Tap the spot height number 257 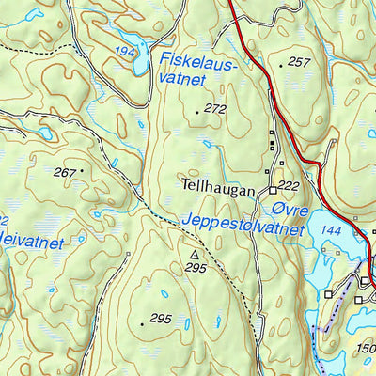299,62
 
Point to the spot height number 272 215,109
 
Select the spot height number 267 64,172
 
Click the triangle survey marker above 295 195,254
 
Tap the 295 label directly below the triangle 196,268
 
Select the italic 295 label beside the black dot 160,320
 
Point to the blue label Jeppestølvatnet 243,225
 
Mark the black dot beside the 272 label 196,111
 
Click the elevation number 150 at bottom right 367,350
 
